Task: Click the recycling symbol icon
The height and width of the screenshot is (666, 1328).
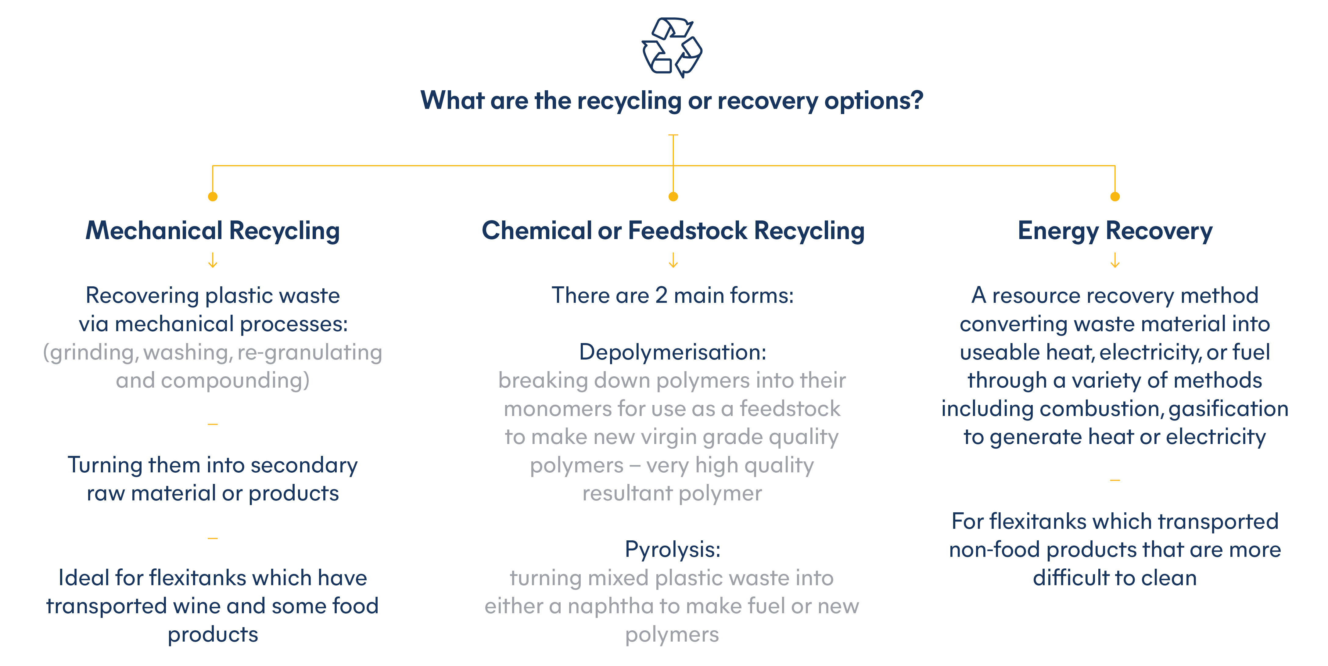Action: coord(672,48)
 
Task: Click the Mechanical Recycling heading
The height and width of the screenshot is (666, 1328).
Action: coord(212,231)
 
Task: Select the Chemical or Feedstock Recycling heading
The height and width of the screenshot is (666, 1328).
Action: coord(673,231)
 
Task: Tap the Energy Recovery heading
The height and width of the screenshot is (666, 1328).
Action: coord(1114,231)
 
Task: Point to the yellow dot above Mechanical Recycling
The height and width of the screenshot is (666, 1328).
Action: coord(212,196)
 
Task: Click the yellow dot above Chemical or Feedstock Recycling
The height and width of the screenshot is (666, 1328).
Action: coord(673,196)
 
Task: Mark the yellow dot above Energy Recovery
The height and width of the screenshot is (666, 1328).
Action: coord(1114,196)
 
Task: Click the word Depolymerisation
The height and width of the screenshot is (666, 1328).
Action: coord(670,352)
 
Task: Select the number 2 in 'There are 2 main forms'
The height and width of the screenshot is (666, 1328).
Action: coord(662,296)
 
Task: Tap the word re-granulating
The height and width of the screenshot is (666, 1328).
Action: coord(309,353)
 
